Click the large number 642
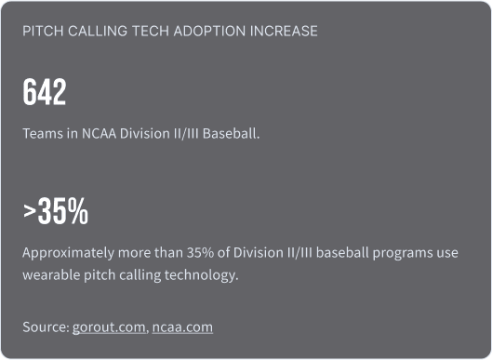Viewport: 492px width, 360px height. tap(45, 92)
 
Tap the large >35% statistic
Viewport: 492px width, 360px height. tap(56, 213)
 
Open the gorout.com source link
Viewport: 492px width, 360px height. tap(109, 327)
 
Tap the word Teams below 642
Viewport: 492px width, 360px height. tap(42, 133)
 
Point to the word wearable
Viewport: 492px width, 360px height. tap(52, 276)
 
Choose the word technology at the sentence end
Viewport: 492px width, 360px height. tap(205, 276)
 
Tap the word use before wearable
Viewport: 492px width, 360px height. tap(458, 253)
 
